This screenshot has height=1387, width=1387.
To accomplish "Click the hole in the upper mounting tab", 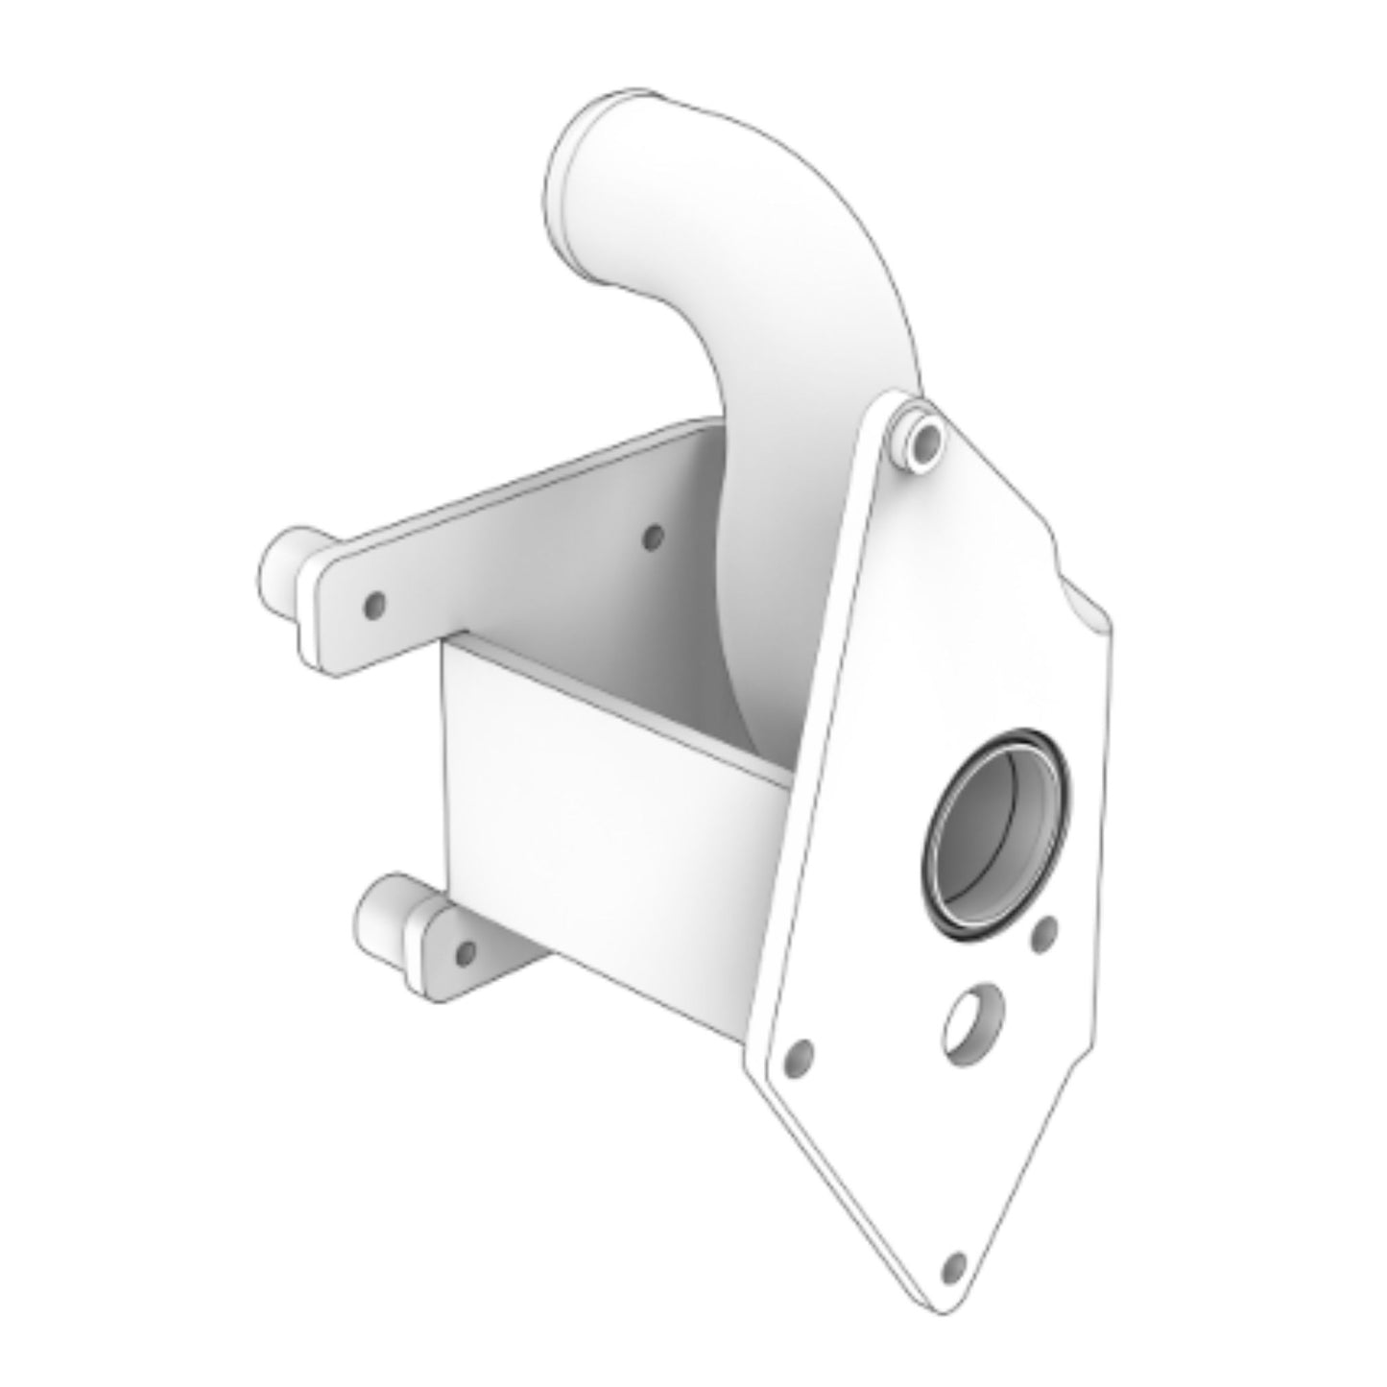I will click(x=376, y=605).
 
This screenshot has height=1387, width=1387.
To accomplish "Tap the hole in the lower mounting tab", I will click(x=466, y=953).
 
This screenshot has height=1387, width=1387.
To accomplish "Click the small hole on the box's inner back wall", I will click(x=652, y=538).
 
